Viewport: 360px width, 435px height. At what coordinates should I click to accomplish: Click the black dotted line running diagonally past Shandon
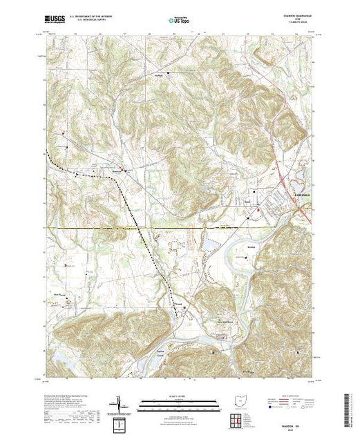(131, 207)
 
